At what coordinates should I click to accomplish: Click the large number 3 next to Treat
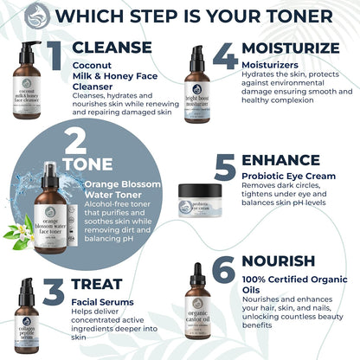point(54,292)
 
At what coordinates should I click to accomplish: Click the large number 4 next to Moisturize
point(225,56)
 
